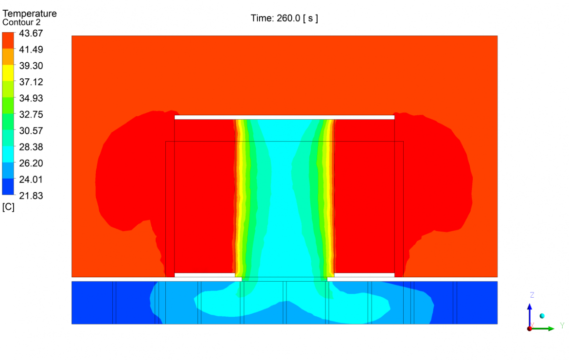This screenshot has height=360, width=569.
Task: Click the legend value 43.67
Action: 31,33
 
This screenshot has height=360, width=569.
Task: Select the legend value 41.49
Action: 31,49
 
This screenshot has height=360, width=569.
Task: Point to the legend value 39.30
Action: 31,66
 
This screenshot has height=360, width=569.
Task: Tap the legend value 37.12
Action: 31,82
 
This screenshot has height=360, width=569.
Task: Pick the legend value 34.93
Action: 31,98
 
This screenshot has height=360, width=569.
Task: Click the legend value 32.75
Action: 31,114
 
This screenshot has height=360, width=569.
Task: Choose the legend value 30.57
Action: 31,130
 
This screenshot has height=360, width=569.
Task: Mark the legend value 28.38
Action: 31,147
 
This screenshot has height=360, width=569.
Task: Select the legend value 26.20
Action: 31,163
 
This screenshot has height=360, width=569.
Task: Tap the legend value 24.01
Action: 31,179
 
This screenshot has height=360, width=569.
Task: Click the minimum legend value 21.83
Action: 31,196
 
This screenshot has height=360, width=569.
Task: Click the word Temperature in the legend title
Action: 30,14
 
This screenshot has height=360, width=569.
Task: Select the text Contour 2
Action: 21,22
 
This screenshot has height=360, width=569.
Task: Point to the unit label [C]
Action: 8,207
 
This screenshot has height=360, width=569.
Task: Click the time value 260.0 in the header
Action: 290,18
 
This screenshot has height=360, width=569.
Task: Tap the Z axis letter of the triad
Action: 532,295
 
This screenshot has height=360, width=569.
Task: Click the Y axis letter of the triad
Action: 562,325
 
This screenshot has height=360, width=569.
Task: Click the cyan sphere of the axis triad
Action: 542,316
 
